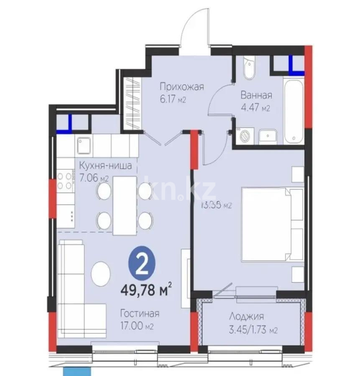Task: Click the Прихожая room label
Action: click(x=181, y=87)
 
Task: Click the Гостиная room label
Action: click(x=140, y=313)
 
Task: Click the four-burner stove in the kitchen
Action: click(x=65, y=180)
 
